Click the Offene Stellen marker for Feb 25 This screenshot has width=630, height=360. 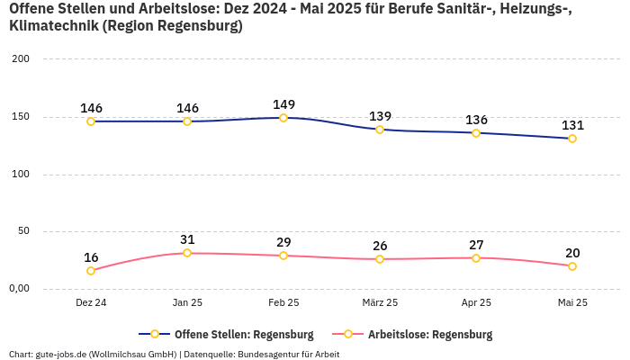tap(283, 118)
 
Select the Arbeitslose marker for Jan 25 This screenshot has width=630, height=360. tap(187, 253)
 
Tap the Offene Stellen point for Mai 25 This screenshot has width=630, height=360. tap(572, 139)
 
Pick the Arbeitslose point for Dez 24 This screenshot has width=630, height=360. tap(91, 271)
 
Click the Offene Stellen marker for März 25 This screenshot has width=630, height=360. tap(380, 130)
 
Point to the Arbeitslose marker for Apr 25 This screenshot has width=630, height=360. tap(476, 258)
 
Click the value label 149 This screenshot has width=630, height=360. tap(283, 104)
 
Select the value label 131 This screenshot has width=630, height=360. tap(572, 125)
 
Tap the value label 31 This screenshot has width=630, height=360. tap(187, 239)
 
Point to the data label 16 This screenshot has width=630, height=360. tap(91, 257)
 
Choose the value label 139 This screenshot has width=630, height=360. tap(380, 116)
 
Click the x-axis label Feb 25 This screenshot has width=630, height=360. tap(283, 303)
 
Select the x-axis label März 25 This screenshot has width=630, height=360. tap(380, 303)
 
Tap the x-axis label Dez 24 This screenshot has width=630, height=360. tap(91, 303)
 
